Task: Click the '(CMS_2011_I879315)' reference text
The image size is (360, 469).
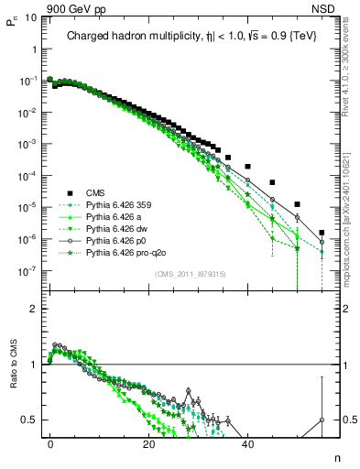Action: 190,274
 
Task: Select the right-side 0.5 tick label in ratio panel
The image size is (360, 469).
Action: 341,420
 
